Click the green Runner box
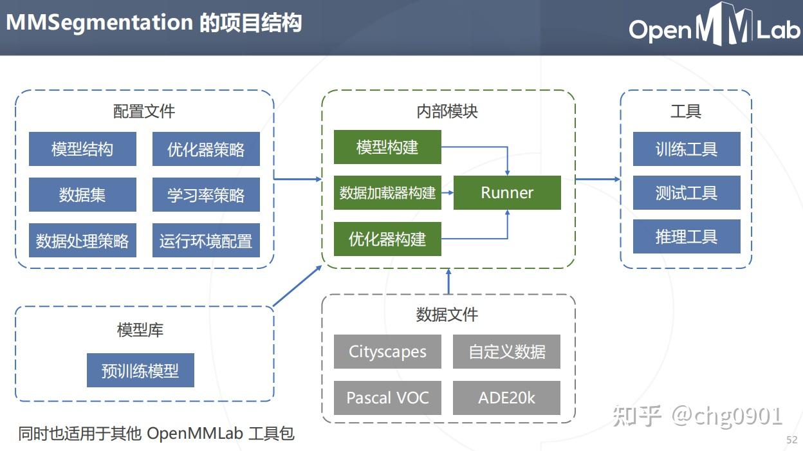(507, 193)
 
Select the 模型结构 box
(82, 149)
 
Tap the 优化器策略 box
(206, 149)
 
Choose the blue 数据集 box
(82, 195)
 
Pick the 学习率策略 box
(206, 195)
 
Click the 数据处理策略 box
(82, 241)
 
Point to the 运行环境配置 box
(206, 241)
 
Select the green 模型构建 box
(387, 147)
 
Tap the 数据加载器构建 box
(387, 192)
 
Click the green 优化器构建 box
(387, 239)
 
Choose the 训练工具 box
(687, 149)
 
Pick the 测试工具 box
(687, 193)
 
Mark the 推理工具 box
(687, 237)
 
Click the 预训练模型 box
(140, 371)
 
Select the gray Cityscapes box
(387, 352)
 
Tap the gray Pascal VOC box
(387, 398)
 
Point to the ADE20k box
(506, 398)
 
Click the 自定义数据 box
(506, 352)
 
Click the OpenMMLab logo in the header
(714, 27)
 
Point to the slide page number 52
(791, 440)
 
